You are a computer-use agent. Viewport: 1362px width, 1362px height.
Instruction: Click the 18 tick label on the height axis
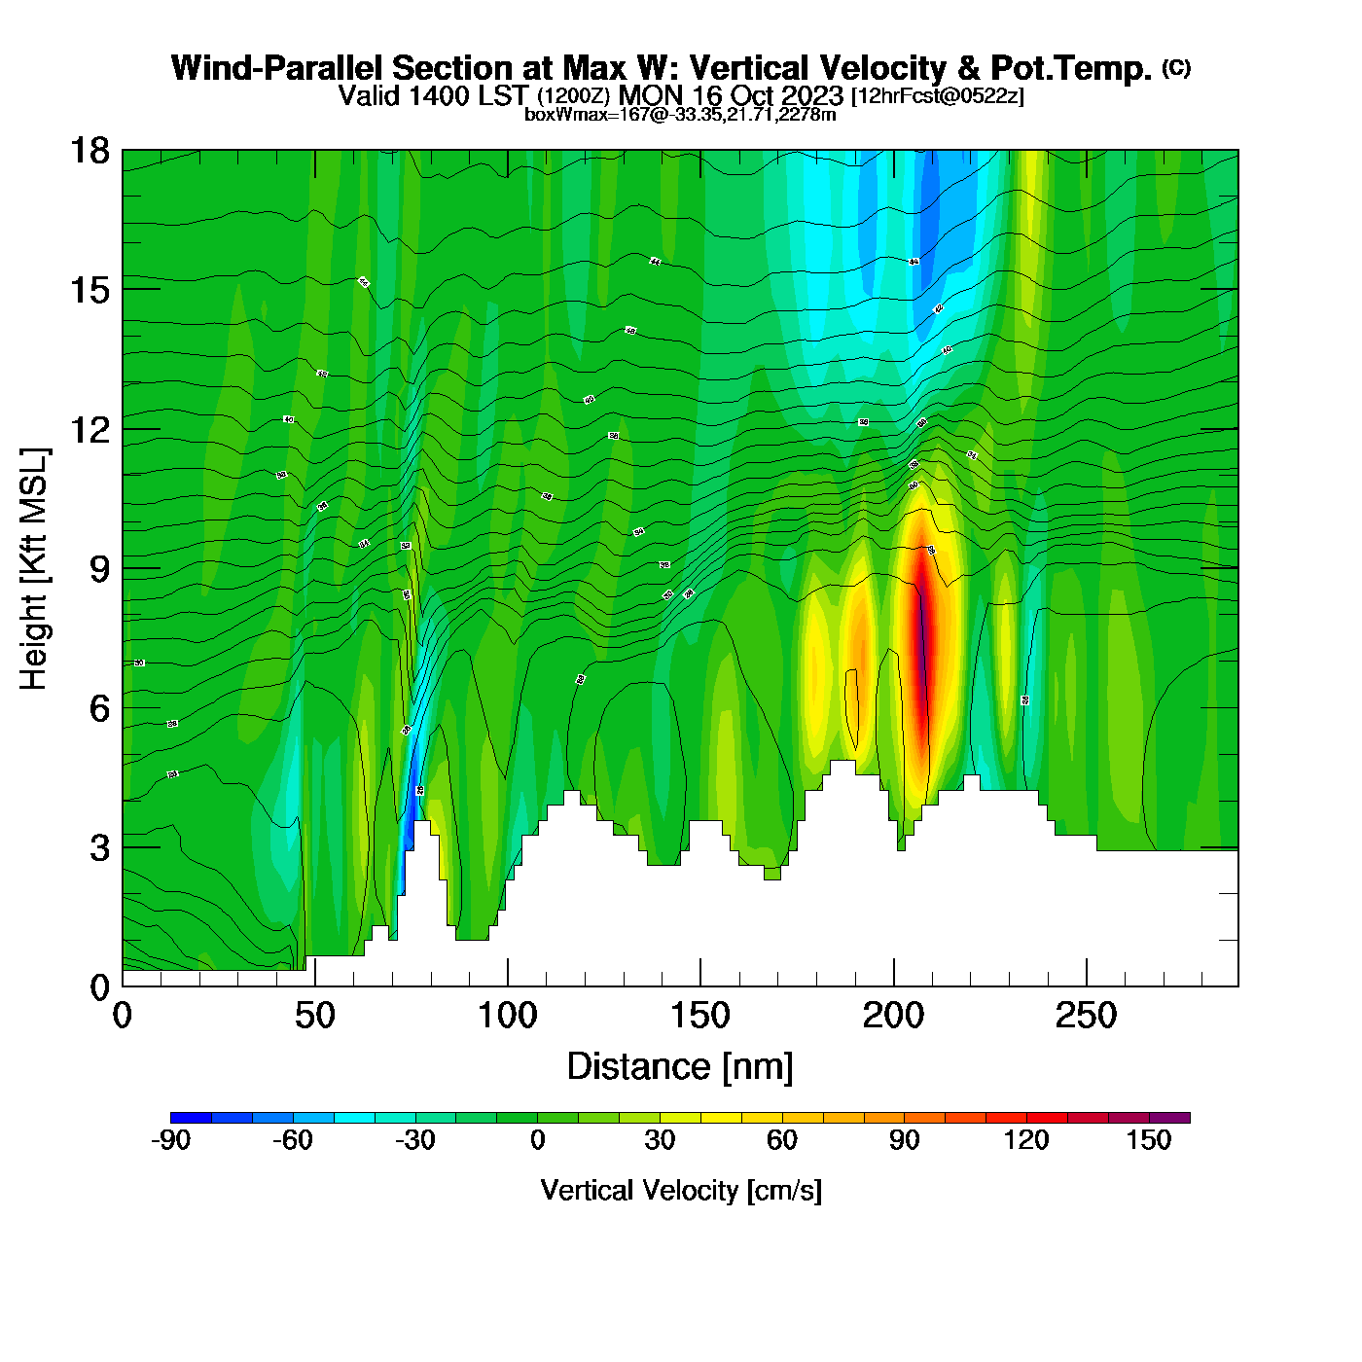pyautogui.click(x=89, y=151)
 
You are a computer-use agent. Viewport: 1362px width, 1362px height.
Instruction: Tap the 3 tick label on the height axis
pyautogui.click(x=99, y=847)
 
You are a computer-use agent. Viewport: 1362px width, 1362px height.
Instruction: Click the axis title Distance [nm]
pyautogui.click(x=680, y=1067)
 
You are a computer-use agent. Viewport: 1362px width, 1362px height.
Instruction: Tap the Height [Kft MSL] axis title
pyautogui.click(x=34, y=569)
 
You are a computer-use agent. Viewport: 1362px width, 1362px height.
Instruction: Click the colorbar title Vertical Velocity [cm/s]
pyautogui.click(x=681, y=1191)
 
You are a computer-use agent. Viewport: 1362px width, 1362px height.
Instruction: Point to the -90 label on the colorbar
pyautogui.click(x=170, y=1140)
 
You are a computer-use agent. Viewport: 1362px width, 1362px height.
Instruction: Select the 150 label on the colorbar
pyautogui.click(x=1149, y=1140)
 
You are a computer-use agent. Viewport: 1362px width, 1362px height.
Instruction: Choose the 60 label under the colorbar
pyautogui.click(x=782, y=1140)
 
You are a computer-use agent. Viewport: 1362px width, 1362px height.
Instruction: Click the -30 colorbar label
pyautogui.click(x=414, y=1140)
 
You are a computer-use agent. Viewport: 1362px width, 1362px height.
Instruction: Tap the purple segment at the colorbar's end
pyautogui.click(x=1169, y=1118)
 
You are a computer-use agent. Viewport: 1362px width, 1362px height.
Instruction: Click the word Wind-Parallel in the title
pyautogui.click(x=277, y=68)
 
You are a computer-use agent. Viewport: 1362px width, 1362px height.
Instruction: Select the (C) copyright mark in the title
pyautogui.click(x=1176, y=67)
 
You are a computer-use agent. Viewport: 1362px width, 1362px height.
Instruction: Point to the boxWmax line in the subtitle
pyautogui.click(x=680, y=115)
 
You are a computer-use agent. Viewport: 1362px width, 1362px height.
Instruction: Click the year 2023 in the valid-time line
pyautogui.click(x=809, y=95)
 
